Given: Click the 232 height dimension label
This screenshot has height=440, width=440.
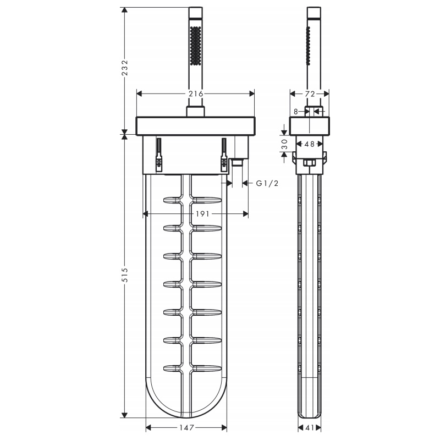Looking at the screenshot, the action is pos(124,67).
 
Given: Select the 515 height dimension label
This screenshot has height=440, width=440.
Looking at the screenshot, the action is pos(124,274).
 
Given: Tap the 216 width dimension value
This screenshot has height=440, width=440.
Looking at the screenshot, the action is pos(196,94).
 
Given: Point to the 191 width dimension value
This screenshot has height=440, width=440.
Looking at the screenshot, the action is pos(202,214).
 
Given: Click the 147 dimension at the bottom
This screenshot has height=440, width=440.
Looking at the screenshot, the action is pos(186,427).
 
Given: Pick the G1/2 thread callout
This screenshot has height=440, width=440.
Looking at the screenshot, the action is pos(267,183).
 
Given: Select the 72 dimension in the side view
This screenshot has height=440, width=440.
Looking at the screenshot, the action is pos(310,94).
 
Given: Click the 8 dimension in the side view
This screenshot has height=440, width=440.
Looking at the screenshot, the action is pos(295,112).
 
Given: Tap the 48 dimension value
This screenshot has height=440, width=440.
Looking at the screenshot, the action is pos(309,144).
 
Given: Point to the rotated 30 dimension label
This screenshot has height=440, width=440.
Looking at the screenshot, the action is pos(284,144).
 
